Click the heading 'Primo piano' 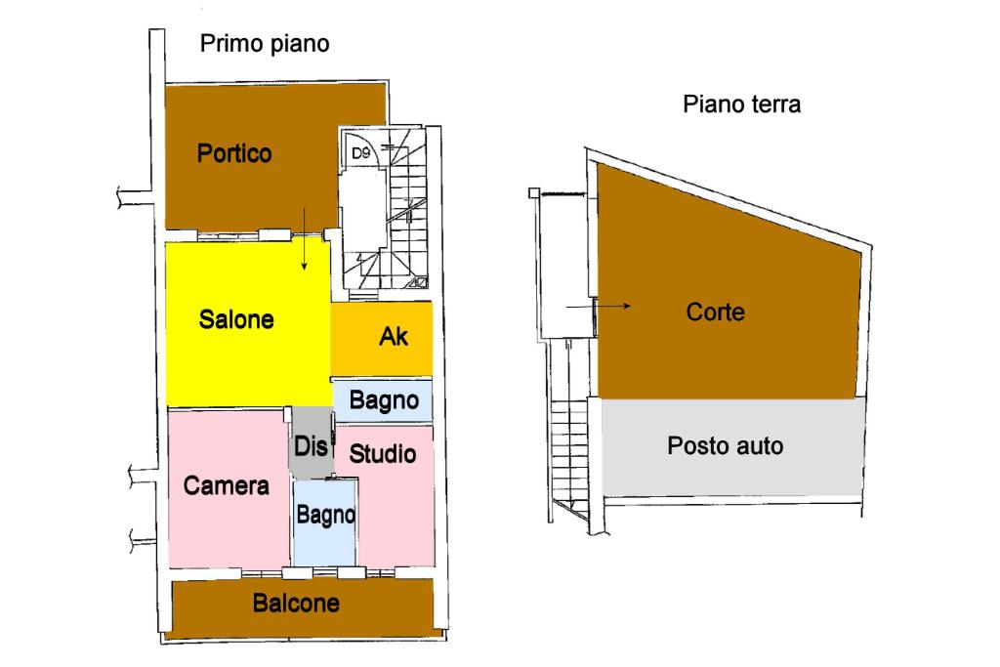[265, 44]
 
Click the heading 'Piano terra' [741, 104]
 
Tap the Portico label [234, 153]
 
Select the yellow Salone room [236, 319]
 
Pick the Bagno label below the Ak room [384, 400]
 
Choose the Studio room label [383, 454]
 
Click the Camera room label [227, 485]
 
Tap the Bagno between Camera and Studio [325, 516]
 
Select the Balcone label [296, 604]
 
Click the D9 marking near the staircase [360, 152]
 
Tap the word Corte [716, 313]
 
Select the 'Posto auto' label [725, 446]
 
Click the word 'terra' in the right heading [774, 104]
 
